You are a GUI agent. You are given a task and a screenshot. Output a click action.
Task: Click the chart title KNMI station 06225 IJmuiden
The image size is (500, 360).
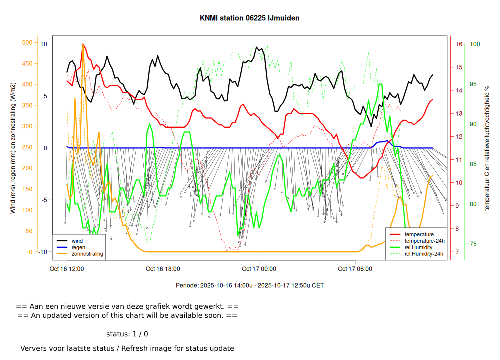click(250, 18)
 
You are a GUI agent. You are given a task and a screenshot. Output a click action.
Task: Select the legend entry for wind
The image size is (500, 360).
click(77, 241)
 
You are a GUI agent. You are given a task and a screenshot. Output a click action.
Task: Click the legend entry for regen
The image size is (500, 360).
click(78, 247)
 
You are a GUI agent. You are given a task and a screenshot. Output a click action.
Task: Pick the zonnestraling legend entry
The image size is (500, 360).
click(87, 254)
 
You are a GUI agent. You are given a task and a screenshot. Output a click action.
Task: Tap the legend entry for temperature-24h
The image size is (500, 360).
click(424, 241)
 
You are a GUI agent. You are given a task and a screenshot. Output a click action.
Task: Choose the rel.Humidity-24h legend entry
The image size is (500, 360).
click(424, 254)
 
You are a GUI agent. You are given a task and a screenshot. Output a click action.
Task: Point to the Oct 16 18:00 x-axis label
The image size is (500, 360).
click(163, 269)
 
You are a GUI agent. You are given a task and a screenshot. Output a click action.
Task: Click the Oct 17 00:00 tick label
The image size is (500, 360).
click(259, 269)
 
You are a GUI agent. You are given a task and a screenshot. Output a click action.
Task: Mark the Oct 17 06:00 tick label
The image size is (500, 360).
click(355, 269)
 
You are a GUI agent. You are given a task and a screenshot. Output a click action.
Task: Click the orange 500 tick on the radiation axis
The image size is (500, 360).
click(27, 42)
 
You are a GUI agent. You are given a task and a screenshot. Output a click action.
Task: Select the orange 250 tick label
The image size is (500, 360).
click(27, 147)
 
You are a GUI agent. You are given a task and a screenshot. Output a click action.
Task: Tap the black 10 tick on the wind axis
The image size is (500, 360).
click(44, 44)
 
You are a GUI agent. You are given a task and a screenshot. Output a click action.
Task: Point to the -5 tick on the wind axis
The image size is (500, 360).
click(44, 200)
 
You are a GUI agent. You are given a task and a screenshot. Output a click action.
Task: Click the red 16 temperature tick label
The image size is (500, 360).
click(459, 44)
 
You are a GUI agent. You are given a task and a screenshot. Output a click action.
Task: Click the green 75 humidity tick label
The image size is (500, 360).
click(473, 244)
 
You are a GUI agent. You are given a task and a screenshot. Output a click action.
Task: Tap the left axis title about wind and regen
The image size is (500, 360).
click(13, 147)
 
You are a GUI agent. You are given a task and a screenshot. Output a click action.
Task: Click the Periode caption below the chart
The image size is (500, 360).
click(250, 285)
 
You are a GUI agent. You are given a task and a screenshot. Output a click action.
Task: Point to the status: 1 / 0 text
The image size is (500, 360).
click(127, 334)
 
